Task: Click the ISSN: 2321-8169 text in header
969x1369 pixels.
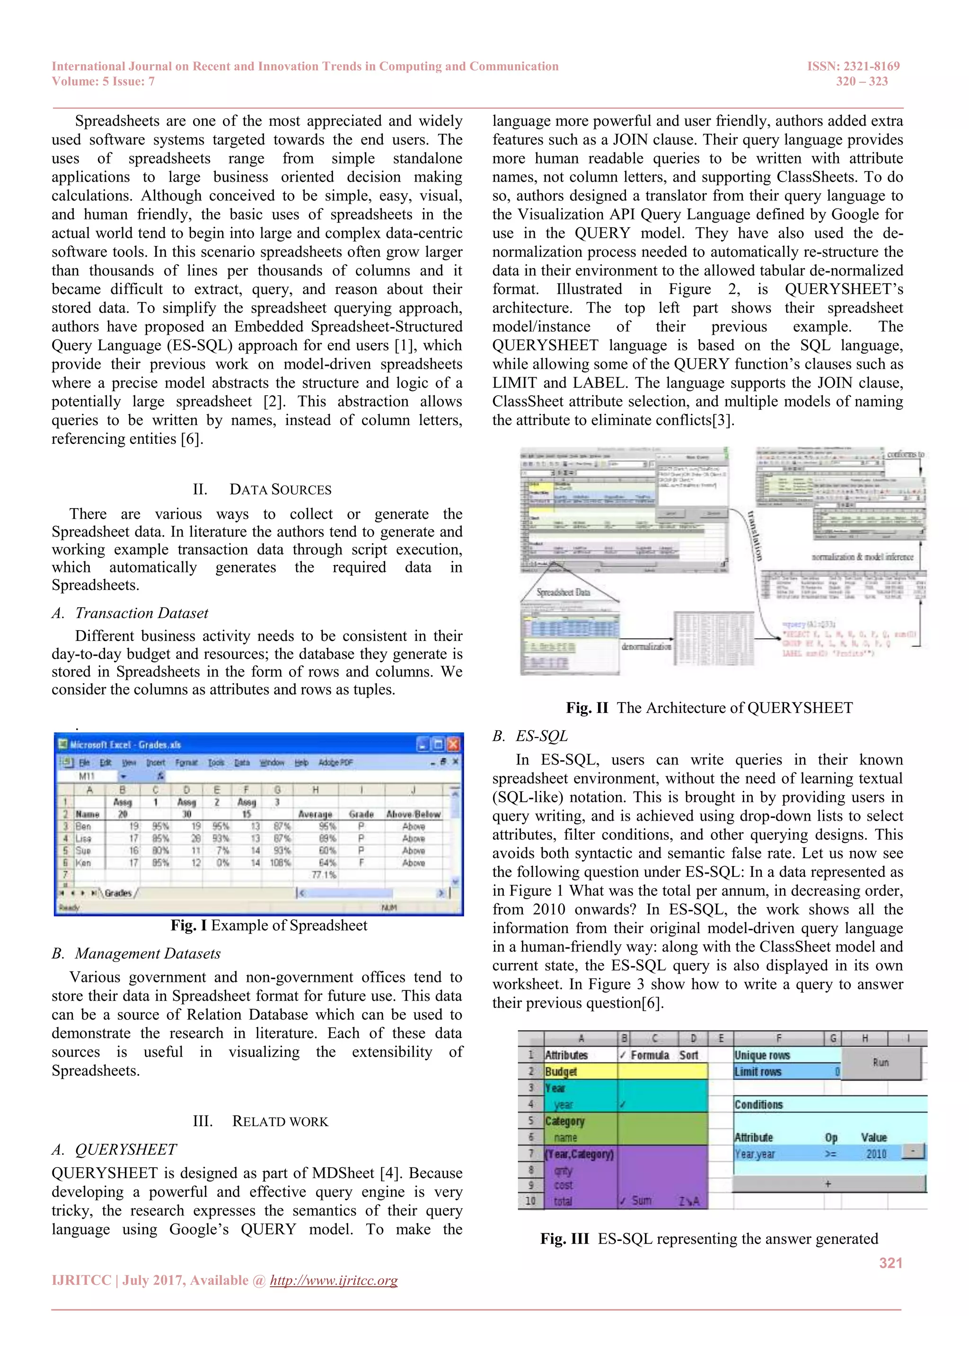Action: (x=853, y=66)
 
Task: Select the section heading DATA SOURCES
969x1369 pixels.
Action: (x=263, y=490)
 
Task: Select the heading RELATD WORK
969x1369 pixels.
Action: (x=261, y=1121)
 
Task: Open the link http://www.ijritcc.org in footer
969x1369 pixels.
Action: (x=334, y=1280)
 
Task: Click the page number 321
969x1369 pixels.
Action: (x=890, y=1262)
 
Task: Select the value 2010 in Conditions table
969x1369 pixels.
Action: (x=875, y=1154)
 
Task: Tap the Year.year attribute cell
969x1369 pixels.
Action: (x=755, y=1154)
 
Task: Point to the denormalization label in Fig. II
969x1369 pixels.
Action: (x=646, y=646)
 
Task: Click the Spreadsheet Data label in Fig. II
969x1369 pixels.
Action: (x=563, y=592)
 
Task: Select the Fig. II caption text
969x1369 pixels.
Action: (x=709, y=708)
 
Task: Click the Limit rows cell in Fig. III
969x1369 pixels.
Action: (x=758, y=1072)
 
